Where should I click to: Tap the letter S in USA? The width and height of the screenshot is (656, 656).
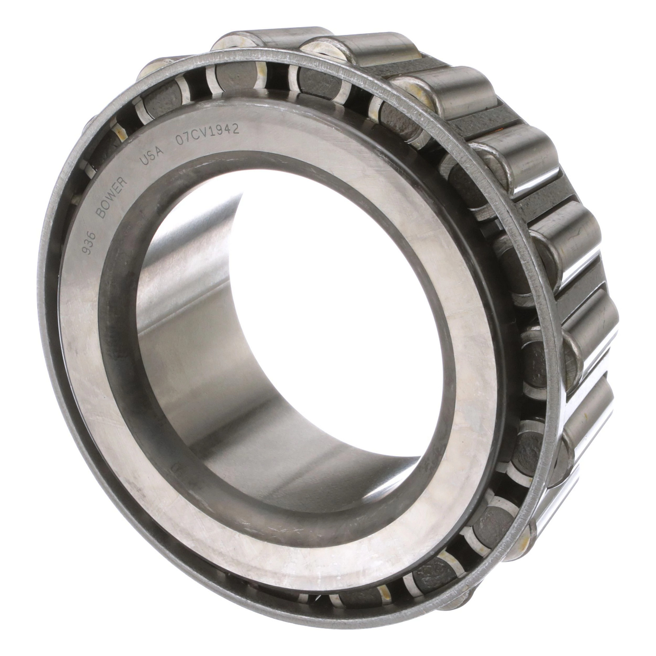[152, 156]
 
